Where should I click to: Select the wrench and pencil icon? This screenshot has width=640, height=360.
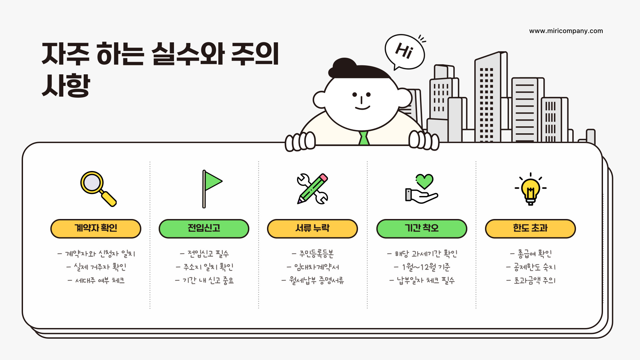(312, 189)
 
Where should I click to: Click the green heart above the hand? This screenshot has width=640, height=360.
(424, 181)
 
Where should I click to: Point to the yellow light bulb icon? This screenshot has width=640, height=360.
(530, 189)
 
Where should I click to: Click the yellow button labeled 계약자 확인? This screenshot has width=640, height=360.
(96, 229)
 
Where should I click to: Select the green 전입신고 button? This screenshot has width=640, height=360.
(204, 229)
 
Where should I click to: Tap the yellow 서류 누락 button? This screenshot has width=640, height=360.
(312, 229)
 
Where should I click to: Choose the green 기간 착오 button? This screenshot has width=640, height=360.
(422, 229)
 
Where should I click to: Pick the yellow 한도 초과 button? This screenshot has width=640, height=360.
(530, 229)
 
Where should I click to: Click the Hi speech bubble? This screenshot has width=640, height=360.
(405, 52)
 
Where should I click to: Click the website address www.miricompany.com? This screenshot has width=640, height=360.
(566, 31)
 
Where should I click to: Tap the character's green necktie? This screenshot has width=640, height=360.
(364, 138)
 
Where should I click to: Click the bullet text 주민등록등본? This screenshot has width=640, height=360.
(316, 254)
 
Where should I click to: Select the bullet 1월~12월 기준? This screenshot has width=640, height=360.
(426, 267)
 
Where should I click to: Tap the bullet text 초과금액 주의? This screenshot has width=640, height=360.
(534, 281)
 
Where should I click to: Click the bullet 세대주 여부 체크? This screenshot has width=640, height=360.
(100, 281)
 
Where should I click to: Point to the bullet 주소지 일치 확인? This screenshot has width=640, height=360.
(208, 267)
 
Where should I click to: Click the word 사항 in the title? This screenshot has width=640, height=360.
(66, 85)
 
